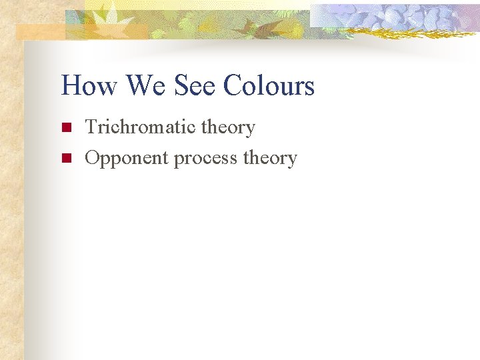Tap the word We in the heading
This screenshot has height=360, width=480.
click(146, 86)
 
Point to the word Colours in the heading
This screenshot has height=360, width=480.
click(269, 86)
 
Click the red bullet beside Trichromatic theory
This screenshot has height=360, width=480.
click(65, 127)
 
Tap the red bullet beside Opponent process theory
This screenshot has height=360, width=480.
click(65, 158)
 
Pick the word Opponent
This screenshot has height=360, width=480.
click(127, 159)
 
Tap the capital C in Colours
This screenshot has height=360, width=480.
click(234, 86)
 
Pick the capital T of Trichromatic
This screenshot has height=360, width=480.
click(91, 127)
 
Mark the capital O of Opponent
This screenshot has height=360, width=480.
click(93, 158)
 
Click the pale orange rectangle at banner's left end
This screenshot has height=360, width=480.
click(40, 32)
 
